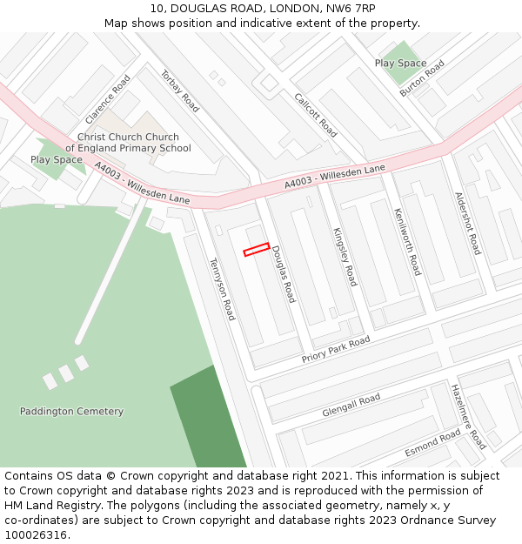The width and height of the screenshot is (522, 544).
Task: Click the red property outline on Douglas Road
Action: click(x=256, y=250)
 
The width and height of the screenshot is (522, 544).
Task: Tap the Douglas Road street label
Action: click(x=284, y=274)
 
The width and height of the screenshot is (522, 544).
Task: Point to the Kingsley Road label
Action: click(x=345, y=257)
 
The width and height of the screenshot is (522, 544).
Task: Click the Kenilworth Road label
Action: click(x=406, y=241)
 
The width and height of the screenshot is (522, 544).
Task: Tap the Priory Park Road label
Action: click(x=336, y=349)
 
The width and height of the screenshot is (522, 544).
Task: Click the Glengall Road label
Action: click(x=351, y=405)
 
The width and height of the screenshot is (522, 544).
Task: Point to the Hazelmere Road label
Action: click(x=468, y=416)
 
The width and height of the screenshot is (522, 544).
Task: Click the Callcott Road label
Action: click(x=315, y=115)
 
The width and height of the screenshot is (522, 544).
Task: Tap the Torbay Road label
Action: click(x=180, y=91)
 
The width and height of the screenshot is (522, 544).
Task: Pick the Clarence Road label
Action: click(x=108, y=98)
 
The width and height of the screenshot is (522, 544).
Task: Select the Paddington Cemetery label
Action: click(x=71, y=412)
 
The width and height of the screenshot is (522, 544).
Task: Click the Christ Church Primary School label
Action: click(x=128, y=143)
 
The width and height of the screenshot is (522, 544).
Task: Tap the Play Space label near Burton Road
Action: click(x=400, y=64)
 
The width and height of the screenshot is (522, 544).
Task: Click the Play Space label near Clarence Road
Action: click(x=57, y=160)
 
